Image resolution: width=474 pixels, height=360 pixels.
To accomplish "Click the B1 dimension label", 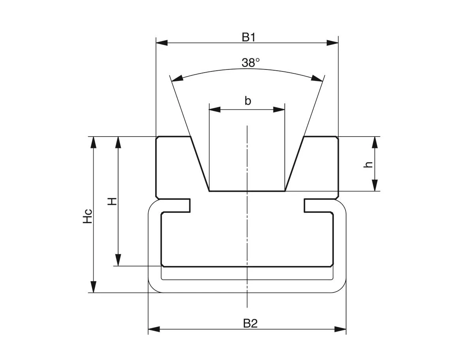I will [249, 37].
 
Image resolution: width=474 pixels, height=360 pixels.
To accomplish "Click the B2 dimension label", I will [250, 324].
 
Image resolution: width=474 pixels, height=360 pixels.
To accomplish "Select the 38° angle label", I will [250, 63].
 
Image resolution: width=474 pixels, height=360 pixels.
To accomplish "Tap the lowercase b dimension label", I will [248, 101].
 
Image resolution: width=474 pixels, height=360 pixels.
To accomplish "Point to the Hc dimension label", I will [88, 216].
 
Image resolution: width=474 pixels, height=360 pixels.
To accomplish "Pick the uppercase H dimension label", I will [113, 202].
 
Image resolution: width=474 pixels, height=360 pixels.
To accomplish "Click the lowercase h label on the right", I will [369, 164].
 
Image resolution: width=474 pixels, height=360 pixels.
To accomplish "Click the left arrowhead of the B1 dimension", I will [162, 43].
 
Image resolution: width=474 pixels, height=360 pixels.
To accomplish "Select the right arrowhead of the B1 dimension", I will [333, 43].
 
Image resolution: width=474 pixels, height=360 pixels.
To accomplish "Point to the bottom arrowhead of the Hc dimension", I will [93, 287].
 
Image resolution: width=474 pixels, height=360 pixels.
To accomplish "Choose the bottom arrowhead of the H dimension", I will [118, 260].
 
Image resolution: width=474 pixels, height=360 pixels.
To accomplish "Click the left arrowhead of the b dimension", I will [214, 110].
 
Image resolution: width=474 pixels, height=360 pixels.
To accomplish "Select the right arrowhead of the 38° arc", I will [317, 78].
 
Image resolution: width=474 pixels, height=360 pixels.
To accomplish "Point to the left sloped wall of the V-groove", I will [200, 164].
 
